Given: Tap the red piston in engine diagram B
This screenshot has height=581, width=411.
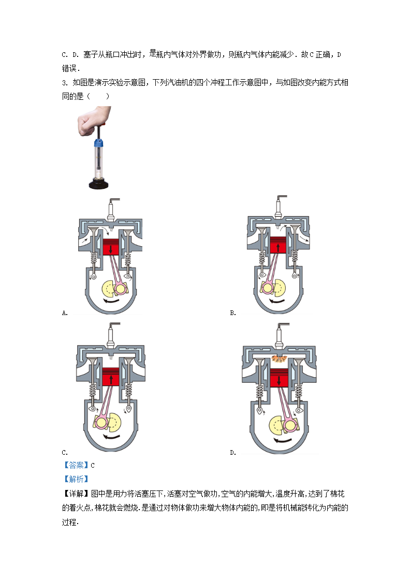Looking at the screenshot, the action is click(278, 245).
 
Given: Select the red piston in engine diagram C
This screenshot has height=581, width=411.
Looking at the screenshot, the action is click(110, 377).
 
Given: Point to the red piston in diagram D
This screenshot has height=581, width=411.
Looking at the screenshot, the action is click(278, 378).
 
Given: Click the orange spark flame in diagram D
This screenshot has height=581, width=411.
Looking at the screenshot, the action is click(278, 359).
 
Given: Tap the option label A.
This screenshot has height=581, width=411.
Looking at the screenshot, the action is click(65, 313).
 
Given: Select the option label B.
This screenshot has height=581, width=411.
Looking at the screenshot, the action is click(233, 313).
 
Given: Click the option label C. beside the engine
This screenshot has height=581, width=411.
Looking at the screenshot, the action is click(65, 452).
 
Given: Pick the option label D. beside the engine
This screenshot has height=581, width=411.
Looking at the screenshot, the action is click(233, 452).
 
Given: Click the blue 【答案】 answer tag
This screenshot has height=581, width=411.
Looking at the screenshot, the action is click(76, 466).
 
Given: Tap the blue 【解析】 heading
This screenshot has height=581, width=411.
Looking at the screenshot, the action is click(76, 479).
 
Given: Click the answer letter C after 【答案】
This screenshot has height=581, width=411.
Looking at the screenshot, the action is click(93, 466).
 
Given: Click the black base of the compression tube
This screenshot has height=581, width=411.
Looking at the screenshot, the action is click(98, 183).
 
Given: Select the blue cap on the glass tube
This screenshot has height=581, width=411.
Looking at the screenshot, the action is click(98, 143).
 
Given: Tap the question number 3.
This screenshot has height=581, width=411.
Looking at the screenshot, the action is click(65, 83).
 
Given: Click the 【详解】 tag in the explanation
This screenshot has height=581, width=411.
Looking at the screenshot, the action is click(76, 494).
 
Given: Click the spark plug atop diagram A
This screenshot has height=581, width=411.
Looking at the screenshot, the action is click(111, 210).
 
